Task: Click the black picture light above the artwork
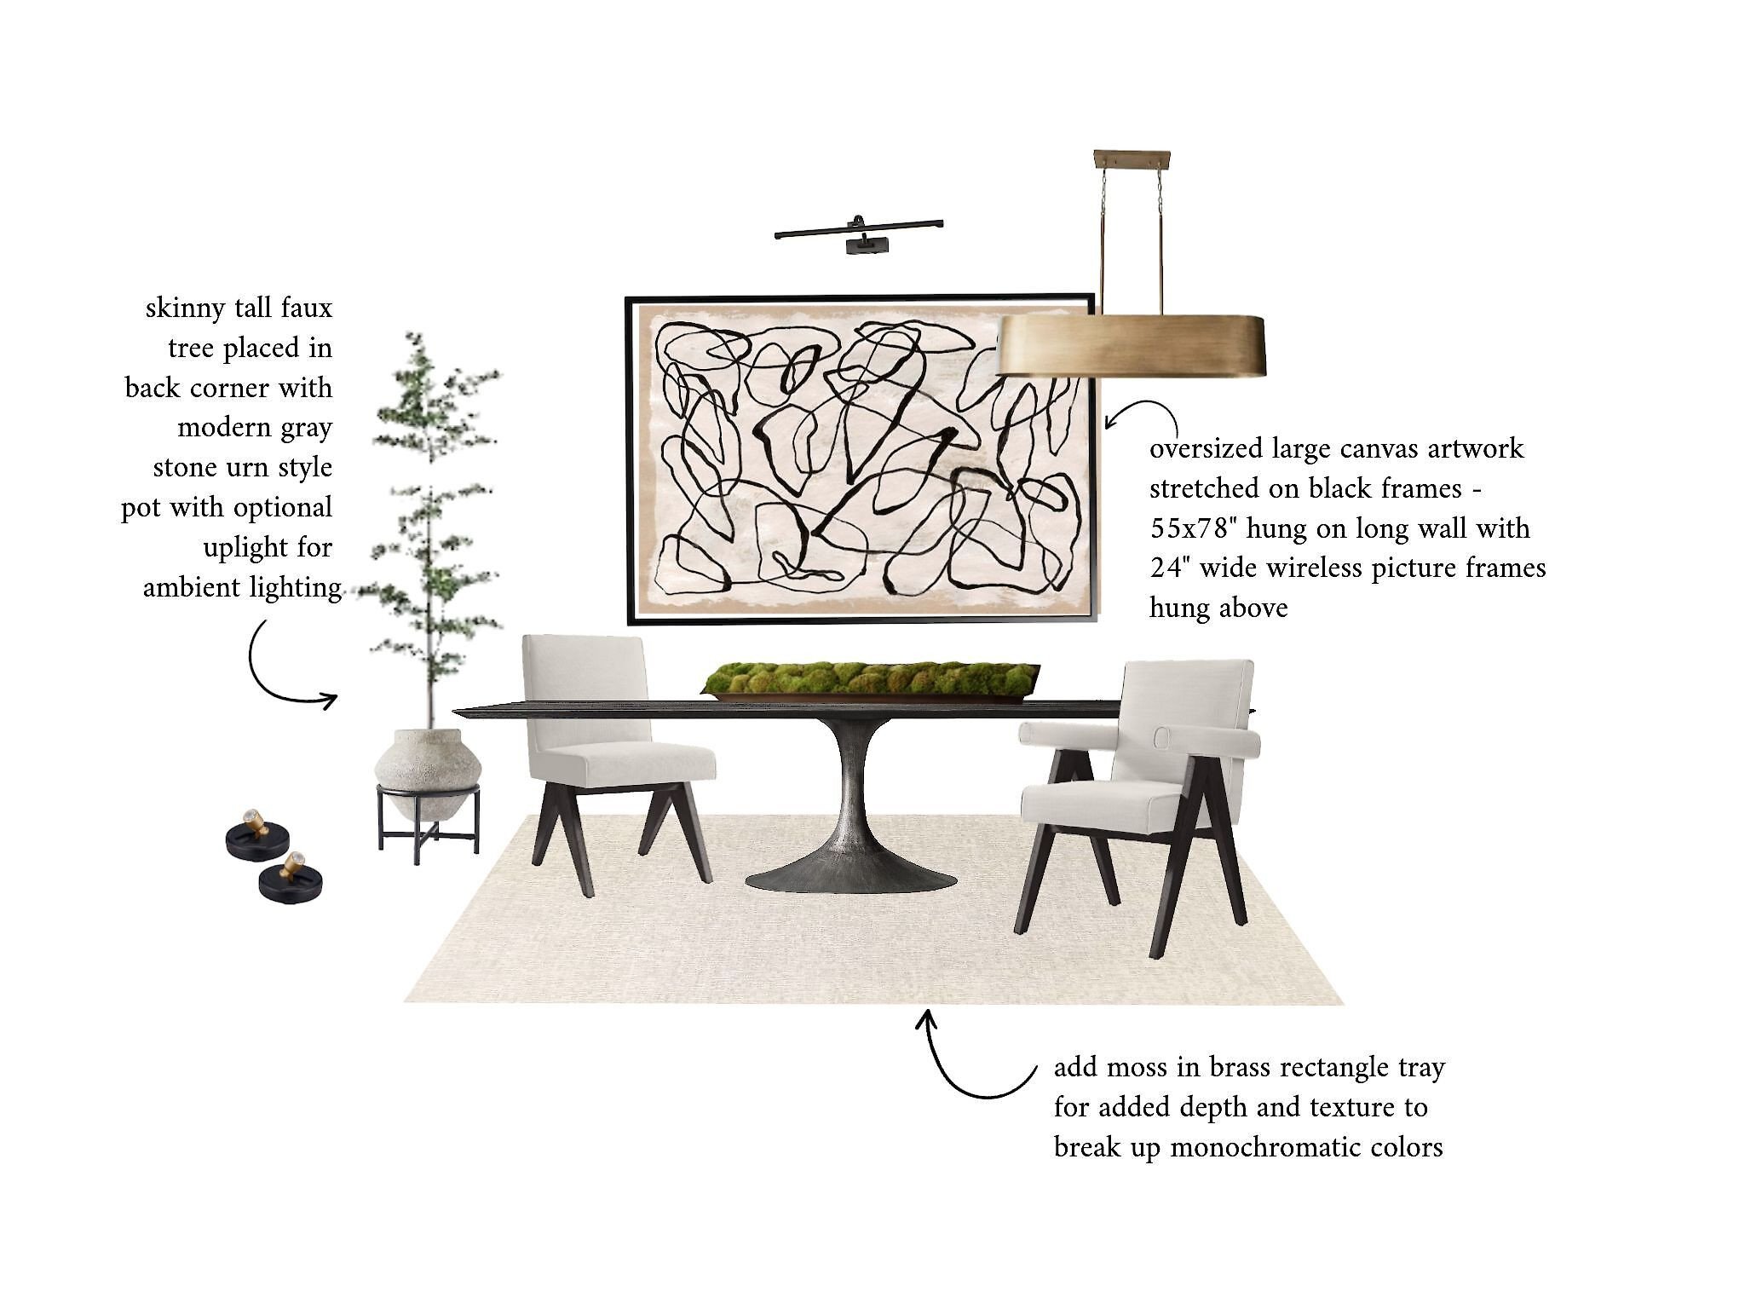point(860,233)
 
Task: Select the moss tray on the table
point(870,680)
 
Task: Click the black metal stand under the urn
point(429,822)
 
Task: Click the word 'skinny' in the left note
point(185,309)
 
